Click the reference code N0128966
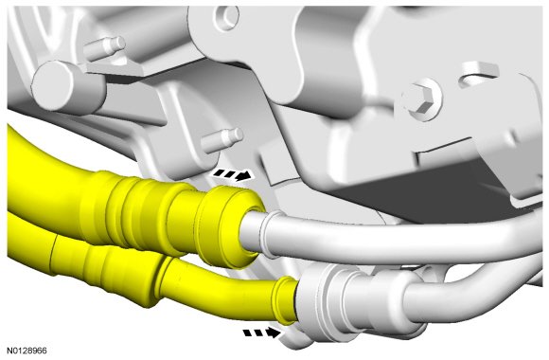(x=27, y=351)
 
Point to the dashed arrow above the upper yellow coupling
(x=233, y=174)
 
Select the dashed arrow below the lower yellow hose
(x=262, y=333)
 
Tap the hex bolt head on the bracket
(x=422, y=99)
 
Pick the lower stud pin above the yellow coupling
(x=222, y=139)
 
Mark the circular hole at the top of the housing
(x=226, y=16)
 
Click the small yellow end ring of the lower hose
(x=284, y=299)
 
